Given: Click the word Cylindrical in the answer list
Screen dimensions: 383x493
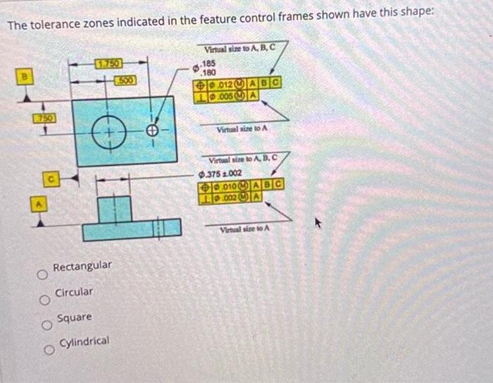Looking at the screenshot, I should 84,341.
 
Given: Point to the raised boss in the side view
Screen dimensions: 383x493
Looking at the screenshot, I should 116,209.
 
